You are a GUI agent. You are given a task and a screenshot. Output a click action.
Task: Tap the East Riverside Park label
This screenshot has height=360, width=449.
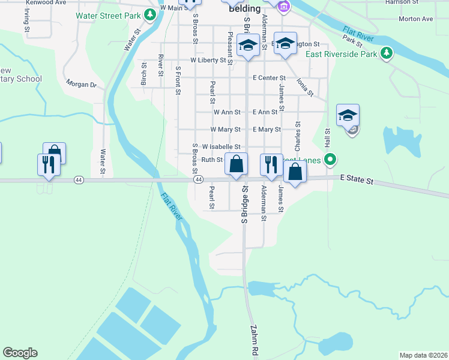341,54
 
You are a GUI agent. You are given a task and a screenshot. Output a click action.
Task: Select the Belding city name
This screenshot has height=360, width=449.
244,9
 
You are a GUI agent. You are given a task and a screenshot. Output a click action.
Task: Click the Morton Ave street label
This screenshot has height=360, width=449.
415,19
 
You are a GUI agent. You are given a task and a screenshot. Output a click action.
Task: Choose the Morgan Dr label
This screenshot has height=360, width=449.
81,84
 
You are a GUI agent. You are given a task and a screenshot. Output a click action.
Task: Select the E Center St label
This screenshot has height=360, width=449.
269,78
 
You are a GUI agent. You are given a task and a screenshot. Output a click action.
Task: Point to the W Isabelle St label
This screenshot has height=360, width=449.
221,146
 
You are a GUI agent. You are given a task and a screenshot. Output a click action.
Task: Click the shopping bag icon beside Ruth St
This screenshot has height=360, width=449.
237,163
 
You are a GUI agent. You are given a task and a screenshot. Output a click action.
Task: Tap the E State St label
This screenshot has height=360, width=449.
356,180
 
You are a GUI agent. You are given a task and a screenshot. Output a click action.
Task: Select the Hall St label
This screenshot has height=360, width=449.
328,139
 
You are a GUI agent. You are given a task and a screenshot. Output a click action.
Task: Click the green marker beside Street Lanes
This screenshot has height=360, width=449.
329,160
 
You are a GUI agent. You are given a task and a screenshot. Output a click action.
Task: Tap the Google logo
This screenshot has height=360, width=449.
20,353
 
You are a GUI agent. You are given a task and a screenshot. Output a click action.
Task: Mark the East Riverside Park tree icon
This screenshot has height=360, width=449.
388,53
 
